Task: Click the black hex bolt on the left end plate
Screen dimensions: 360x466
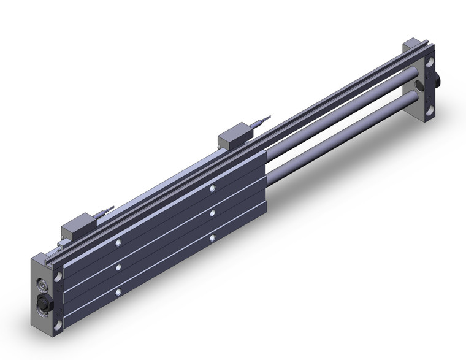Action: (x=45, y=302)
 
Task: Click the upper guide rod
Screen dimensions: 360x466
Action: (x=343, y=117)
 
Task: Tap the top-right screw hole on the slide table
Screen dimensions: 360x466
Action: (x=212, y=190)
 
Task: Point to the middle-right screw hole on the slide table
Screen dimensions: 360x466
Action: (x=212, y=213)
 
